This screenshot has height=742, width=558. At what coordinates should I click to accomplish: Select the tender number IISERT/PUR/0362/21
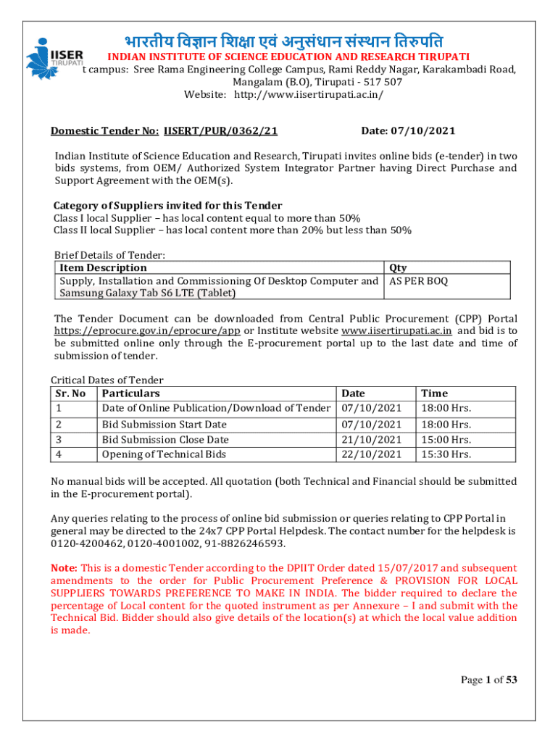tap(221, 131)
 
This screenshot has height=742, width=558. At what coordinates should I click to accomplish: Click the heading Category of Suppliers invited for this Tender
tap(168, 205)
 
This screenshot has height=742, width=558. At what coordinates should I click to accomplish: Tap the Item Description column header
tap(103, 267)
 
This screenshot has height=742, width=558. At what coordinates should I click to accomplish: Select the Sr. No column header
tap(70, 393)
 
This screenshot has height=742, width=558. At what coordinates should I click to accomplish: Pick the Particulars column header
tap(131, 393)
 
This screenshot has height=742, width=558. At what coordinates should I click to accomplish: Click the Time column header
tap(435, 393)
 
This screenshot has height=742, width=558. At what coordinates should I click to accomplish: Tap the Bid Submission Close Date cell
tap(165, 440)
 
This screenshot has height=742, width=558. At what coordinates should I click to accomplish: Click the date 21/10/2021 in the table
tap(371, 440)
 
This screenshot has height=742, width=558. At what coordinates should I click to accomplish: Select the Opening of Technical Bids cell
tap(164, 454)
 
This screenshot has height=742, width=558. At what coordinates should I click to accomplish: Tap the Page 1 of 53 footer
tap(488, 679)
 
